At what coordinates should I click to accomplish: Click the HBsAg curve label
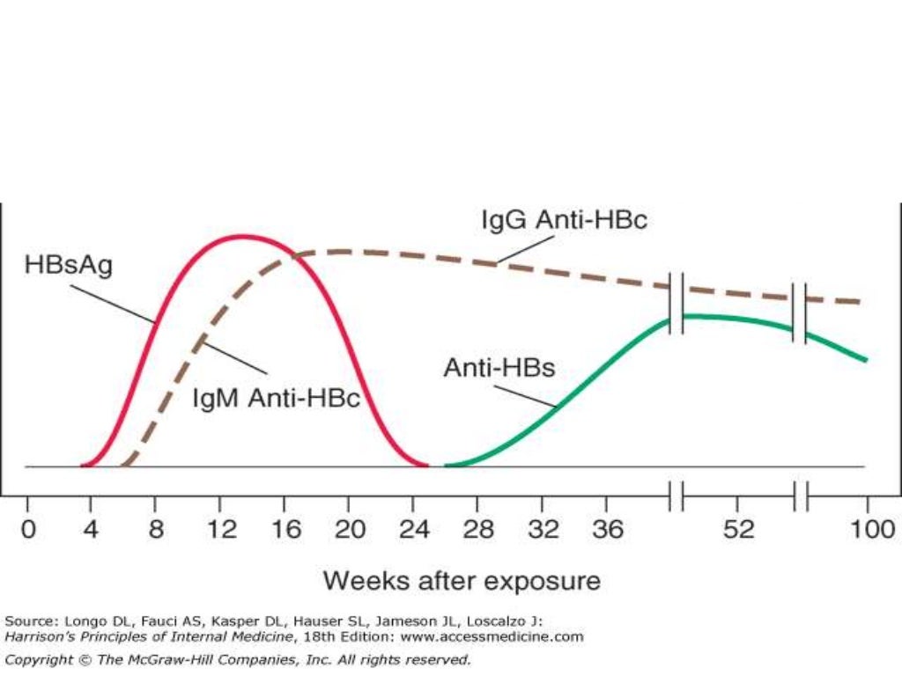(69, 265)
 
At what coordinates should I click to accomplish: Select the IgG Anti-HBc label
(564, 219)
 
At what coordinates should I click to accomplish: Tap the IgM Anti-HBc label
(277, 398)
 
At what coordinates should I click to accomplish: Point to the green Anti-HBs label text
(499, 367)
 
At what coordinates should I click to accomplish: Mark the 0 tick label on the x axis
(27, 530)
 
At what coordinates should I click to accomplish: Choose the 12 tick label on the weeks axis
(221, 530)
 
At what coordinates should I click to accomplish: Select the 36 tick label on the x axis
(604, 530)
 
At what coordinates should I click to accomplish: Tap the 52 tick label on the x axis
(741, 530)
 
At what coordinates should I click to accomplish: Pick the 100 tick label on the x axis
(868, 530)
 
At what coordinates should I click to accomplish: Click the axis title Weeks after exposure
(462, 581)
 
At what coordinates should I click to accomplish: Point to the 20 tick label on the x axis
(350, 530)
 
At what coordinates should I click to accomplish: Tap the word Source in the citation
(25, 621)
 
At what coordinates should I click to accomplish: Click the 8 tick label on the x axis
(157, 530)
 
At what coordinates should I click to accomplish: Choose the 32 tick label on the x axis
(541, 530)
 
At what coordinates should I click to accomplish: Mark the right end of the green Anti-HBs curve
(867, 359)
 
